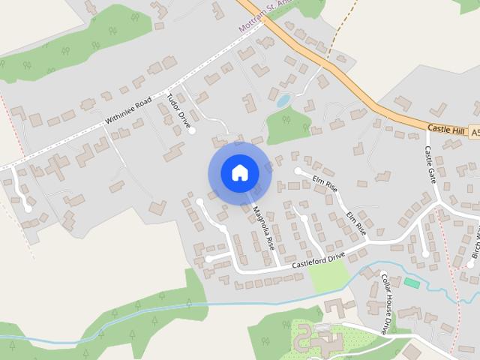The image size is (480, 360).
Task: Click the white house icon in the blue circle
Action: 239,173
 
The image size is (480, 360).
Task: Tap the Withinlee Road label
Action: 130,109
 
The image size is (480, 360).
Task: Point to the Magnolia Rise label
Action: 263,228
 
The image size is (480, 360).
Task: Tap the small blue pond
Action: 283,100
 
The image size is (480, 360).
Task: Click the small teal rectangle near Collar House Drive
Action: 412,283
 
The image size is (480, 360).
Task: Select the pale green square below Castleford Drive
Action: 328,275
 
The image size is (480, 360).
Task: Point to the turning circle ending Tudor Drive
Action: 192,130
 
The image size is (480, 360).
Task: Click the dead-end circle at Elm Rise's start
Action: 298,171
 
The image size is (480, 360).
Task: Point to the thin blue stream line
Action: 225,304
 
